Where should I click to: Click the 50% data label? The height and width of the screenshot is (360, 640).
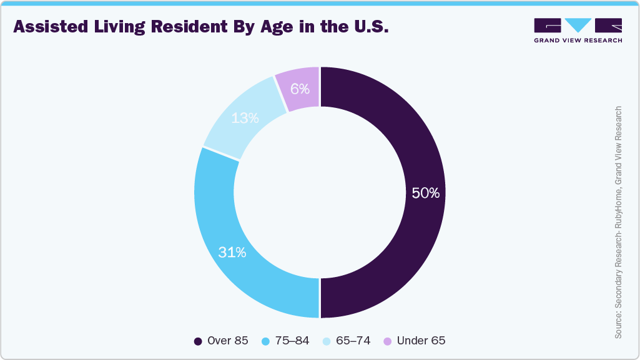425,193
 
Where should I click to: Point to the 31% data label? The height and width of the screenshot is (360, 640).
232,253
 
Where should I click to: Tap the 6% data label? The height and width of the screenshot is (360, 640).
300,89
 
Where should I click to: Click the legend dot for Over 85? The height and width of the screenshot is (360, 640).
198,341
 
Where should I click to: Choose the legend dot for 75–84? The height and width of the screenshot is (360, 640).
265,341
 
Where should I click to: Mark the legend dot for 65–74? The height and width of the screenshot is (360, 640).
326,341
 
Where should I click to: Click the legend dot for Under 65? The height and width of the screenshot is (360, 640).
387,341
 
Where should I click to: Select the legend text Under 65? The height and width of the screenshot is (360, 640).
421,341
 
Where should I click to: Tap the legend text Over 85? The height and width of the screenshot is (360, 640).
227,341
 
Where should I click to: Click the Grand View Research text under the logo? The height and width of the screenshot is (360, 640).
578,40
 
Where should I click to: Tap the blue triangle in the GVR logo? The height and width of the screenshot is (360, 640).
578,24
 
